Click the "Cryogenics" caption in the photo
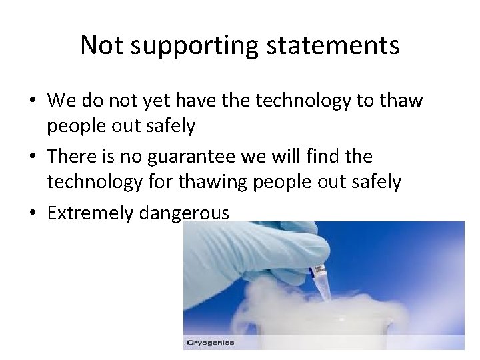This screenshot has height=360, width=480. (x=210, y=343)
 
